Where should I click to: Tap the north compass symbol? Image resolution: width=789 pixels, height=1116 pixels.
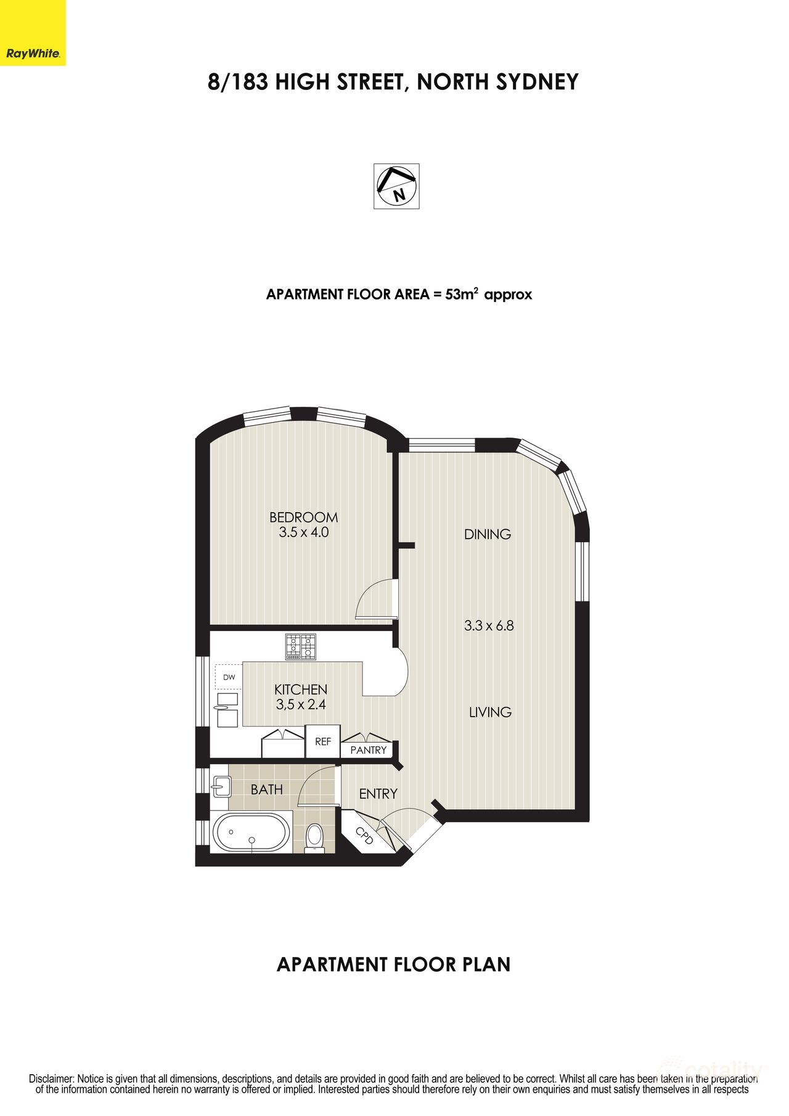click(396, 186)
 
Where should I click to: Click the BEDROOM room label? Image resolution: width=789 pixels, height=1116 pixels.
click(303, 517)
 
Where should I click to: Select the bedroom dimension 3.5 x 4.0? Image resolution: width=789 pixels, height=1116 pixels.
click(303, 532)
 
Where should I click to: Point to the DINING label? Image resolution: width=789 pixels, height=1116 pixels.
click(488, 534)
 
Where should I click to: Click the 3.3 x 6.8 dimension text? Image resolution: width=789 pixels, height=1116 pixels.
click(489, 625)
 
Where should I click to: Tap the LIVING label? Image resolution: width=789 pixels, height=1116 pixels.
click(490, 712)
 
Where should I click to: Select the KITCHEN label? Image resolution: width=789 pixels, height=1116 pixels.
click(301, 690)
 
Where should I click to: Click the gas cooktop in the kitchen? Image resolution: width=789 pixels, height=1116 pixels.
click(300, 647)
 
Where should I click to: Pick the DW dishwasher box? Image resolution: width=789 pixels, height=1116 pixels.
click(229, 677)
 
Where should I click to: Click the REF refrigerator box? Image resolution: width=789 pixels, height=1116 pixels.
click(323, 741)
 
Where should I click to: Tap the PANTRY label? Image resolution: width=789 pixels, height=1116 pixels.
click(368, 750)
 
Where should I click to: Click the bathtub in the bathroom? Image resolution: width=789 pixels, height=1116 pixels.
click(251, 833)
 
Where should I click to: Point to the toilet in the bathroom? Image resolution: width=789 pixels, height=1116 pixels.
click(314, 837)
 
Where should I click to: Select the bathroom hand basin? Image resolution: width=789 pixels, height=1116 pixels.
click(221, 786)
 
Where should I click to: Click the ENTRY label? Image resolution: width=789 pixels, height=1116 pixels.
click(378, 794)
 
